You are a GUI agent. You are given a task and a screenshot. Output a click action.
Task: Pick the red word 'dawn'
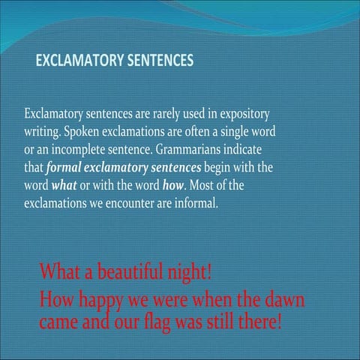point(283,301)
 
